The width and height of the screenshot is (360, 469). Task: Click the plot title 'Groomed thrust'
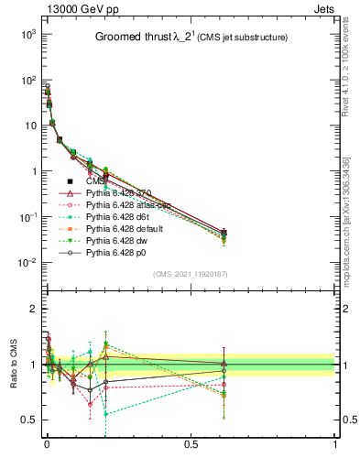tap(136, 38)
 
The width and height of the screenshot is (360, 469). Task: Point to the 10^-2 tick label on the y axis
tap(26, 263)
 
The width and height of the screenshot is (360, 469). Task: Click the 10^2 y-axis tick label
tap(26, 80)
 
